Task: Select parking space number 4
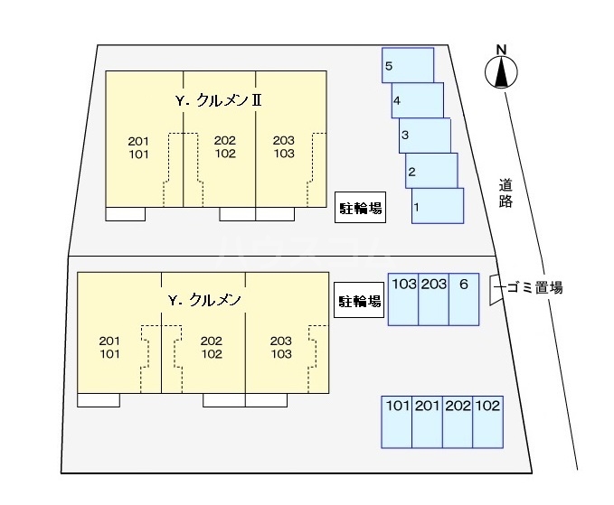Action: tap(418, 99)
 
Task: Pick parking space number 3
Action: tap(425, 135)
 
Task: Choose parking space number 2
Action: tap(431, 170)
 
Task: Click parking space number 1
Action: tap(438, 205)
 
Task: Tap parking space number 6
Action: tap(463, 298)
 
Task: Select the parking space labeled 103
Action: tap(403, 298)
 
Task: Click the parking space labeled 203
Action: tap(433, 298)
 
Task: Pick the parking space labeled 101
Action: tap(397, 421)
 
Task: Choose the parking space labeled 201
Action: tap(427, 421)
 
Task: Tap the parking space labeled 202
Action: tap(458, 421)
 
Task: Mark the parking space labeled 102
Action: tap(487, 421)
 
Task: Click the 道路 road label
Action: tap(505, 193)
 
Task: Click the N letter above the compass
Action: tap(500, 49)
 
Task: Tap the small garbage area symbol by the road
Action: tap(495, 289)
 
